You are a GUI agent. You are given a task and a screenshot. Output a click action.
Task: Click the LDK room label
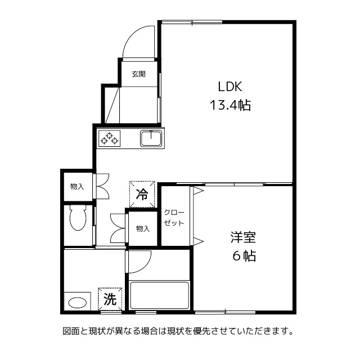230,87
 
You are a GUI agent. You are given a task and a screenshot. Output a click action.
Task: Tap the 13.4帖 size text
230,105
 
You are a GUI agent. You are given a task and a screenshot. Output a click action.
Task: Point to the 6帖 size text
243,256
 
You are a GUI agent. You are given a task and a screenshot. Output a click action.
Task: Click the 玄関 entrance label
139,74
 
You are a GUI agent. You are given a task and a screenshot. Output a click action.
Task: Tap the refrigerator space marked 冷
142,195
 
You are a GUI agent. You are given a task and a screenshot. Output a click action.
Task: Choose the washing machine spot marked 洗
110,299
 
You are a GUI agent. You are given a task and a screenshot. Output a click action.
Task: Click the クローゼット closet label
174,218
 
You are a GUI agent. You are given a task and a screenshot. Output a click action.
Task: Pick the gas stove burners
110,138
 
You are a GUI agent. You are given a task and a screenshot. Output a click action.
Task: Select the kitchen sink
151,138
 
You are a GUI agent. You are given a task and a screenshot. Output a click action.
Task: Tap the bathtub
159,294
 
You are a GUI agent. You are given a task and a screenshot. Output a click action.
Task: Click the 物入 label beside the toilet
77,187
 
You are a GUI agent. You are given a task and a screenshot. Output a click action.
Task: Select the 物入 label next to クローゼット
143,228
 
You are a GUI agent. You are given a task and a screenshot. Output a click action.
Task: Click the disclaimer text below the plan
178,331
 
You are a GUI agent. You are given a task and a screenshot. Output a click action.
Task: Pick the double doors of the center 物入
119,228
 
